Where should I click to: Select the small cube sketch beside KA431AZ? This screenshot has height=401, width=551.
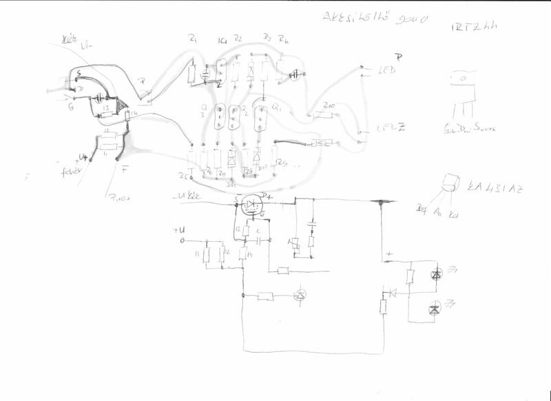(x=450, y=183)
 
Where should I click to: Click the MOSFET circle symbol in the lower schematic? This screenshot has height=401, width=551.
(x=253, y=203)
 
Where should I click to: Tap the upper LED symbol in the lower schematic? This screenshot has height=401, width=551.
(x=435, y=275)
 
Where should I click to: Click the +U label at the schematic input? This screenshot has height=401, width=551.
(x=180, y=231)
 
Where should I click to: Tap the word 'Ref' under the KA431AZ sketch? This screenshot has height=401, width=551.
(x=421, y=206)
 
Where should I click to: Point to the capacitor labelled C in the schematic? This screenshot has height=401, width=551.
(x=257, y=241)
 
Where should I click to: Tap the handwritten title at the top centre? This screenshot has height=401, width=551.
(x=375, y=19)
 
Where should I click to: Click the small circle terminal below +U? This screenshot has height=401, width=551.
(x=183, y=242)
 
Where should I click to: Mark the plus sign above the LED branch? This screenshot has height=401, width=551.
(x=390, y=254)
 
